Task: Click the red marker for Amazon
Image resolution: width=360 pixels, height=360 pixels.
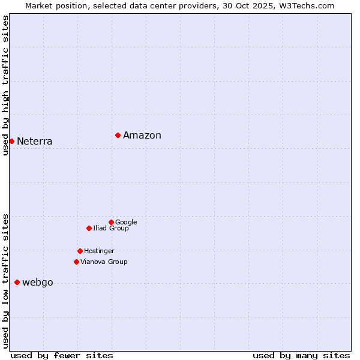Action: tap(118, 135)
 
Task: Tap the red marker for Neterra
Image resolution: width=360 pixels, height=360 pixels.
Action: tap(11, 141)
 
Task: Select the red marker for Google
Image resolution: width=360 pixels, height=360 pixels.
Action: tap(111, 222)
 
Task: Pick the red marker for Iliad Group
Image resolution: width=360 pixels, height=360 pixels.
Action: tap(89, 228)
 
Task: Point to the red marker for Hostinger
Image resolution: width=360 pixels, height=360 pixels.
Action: tap(80, 251)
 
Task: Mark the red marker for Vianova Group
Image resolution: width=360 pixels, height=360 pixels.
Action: tap(76, 262)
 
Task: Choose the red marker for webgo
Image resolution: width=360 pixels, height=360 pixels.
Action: tap(17, 282)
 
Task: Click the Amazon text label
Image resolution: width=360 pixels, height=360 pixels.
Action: tap(142, 136)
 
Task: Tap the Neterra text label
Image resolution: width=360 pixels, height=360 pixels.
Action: tap(35, 142)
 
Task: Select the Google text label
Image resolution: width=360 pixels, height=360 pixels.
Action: tap(126, 223)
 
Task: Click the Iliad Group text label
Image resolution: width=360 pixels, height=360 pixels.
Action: tap(111, 229)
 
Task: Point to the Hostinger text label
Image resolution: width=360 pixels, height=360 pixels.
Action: tap(99, 251)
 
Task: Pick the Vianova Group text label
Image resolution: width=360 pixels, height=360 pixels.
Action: tap(104, 262)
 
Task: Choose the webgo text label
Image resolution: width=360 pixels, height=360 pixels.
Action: tap(38, 283)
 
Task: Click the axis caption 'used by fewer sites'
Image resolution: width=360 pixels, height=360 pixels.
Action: tap(62, 355)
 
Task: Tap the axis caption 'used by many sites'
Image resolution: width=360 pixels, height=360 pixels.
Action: tap(301, 355)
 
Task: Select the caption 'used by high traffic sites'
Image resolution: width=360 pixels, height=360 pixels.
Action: tap(5, 85)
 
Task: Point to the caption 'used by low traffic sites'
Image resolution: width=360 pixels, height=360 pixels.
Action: tap(5, 280)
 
